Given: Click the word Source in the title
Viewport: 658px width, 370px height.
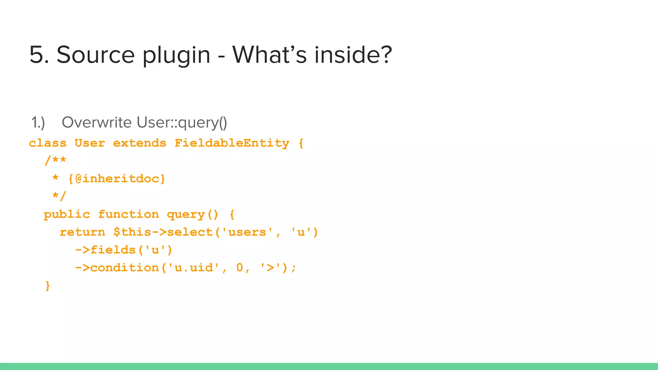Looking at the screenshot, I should pyautogui.click(x=95, y=55).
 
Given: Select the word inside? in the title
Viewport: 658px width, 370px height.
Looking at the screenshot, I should pyautogui.click(x=353, y=55).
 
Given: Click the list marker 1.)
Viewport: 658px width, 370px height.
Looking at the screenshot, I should pyautogui.click(x=38, y=123).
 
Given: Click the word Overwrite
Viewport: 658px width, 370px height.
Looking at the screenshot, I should pyautogui.click(x=97, y=123).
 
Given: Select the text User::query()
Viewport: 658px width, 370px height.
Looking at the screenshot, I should pyautogui.click(x=182, y=123).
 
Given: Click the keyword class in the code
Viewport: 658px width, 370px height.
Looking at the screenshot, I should pyautogui.click(x=48, y=143).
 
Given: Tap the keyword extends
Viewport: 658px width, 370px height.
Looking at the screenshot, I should pyautogui.click(x=139, y=143).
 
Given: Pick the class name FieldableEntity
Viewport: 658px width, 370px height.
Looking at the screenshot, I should pyautogui.click(x=232, y=143).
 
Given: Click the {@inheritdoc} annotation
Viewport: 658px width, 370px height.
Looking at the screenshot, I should pyautogui.click(x=117, y=179).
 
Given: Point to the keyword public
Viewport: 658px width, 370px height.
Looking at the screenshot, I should pyautogui.click(x=67, y=215).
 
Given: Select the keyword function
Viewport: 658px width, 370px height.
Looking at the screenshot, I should pyautogui.click(x=128, y=215).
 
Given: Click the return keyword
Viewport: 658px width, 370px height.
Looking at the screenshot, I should pyautogui.click(x=82, y=232).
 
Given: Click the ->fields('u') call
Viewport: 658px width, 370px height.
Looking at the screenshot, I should pyautogui.click(x=124, y=250).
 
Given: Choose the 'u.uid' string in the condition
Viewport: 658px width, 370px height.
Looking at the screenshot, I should pyautogui.click(x=194, y=268).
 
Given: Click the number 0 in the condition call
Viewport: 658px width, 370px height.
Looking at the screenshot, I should pyautogui.click(x=240, y=268).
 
